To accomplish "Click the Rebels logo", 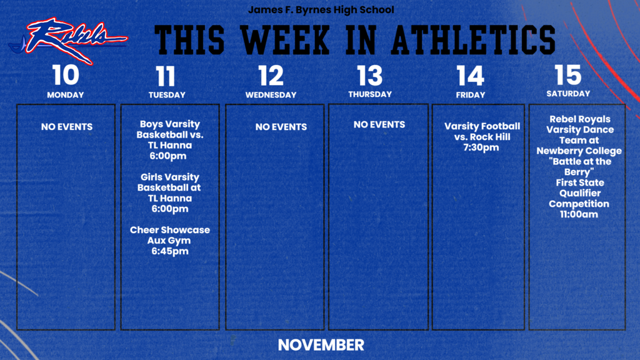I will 67,39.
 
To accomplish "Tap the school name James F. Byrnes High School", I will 321,11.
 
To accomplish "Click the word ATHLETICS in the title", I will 473,39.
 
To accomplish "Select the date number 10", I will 66,75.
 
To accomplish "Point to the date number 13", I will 370,76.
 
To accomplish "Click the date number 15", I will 567,75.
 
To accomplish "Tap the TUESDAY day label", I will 167,95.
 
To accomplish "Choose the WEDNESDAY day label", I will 271,95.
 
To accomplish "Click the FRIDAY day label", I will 471,95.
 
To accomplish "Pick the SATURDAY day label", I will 567,94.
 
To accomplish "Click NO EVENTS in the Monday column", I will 67,127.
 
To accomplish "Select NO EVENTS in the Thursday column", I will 379,124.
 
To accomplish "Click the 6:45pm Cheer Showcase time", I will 170,251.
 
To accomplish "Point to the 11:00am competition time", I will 579,214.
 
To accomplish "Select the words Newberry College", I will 579,151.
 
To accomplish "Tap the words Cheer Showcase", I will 170,230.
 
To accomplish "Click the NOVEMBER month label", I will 321,344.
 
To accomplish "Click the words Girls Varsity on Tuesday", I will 169,177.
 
